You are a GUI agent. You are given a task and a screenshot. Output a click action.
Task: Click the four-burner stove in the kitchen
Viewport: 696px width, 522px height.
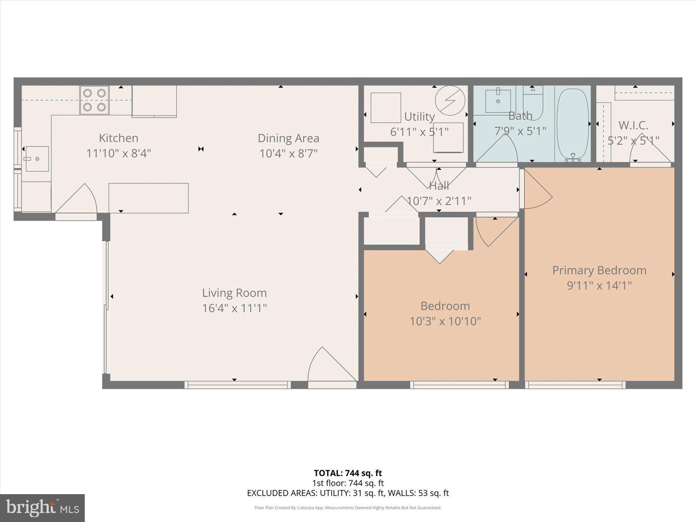95,100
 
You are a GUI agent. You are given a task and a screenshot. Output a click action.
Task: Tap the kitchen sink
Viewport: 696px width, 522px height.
37,159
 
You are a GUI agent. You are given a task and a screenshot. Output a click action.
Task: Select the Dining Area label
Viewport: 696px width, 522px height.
288,138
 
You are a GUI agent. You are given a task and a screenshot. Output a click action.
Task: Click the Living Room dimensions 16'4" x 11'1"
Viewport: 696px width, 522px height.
234,308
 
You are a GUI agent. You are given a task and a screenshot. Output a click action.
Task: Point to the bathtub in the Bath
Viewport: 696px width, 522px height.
573,124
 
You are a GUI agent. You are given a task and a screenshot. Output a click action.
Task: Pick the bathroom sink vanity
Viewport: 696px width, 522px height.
498,101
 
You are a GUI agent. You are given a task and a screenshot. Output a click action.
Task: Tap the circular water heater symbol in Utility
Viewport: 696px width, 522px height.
450,100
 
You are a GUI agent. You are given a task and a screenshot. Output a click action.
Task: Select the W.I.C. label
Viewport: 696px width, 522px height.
633,125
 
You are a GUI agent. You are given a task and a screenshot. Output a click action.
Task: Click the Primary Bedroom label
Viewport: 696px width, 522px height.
599,270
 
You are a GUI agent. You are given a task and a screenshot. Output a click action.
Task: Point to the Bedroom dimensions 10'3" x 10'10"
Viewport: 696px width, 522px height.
445,321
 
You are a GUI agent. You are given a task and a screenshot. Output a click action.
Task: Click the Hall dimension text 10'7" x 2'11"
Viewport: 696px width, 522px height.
439,201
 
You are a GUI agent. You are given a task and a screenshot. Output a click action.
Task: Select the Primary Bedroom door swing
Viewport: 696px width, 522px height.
537,190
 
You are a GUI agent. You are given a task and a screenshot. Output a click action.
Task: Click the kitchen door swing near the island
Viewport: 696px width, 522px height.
78,200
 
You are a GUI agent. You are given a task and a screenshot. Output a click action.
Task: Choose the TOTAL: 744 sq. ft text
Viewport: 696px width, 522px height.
348,473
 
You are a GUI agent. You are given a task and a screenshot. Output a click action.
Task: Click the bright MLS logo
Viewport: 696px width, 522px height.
42,508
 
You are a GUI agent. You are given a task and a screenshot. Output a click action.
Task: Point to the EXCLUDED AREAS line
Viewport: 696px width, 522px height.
348,493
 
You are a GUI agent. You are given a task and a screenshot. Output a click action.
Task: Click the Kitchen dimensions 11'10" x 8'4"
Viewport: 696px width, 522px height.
118,154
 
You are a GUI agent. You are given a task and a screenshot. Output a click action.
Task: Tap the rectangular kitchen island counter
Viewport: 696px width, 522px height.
148,198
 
